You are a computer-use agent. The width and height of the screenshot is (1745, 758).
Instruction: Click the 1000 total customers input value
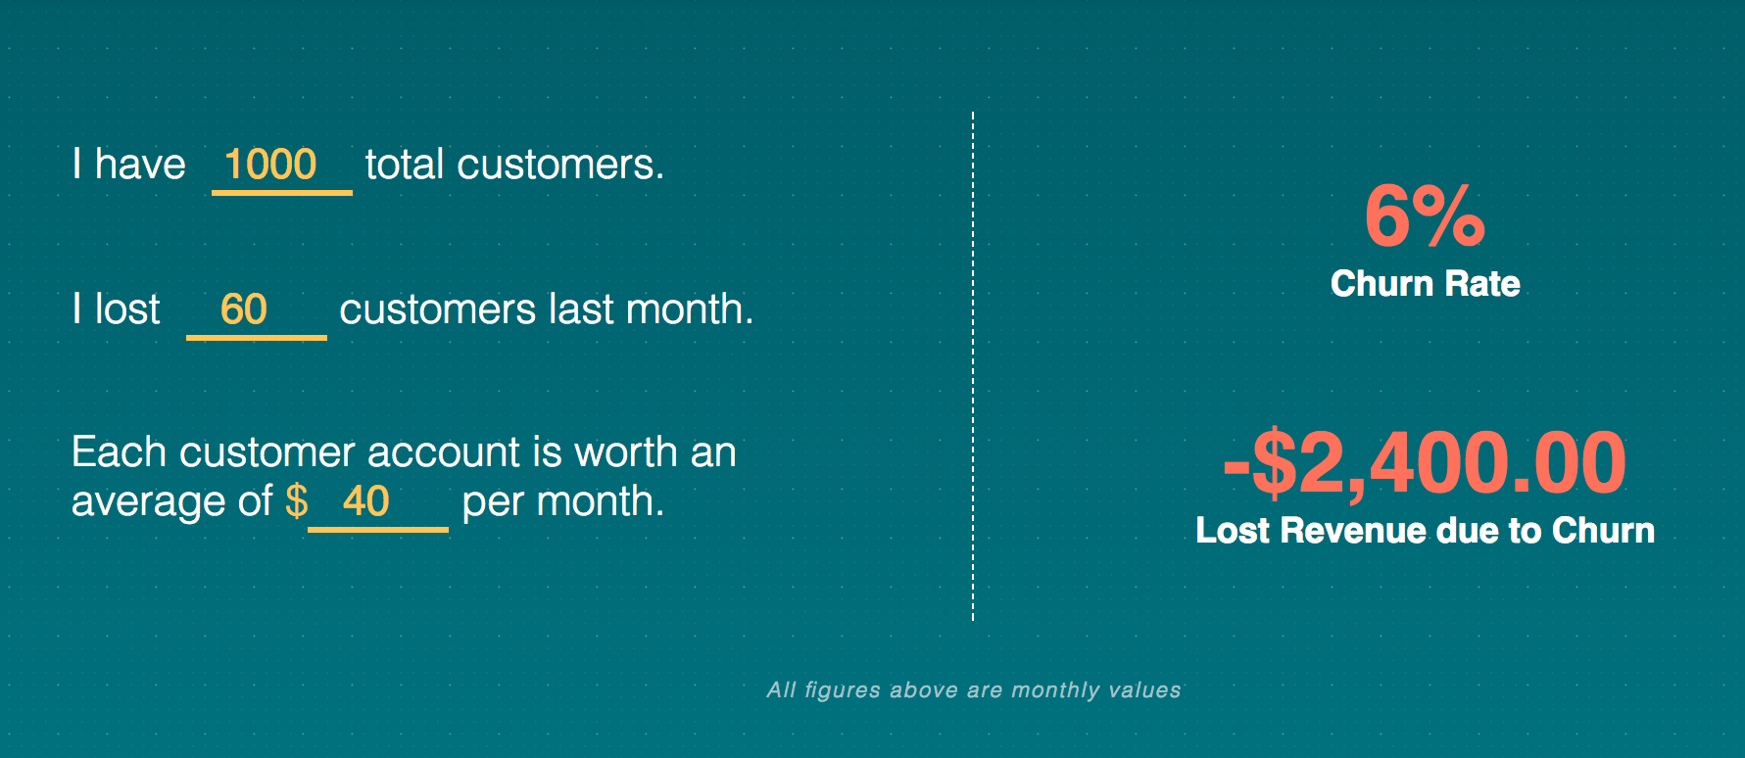tap(270, 165)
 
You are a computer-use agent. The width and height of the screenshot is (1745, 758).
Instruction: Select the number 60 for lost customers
tap(244, 309)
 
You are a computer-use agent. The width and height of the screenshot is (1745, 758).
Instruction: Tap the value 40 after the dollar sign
tap(366, 501)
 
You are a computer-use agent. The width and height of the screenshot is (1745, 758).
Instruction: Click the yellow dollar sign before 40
tap(296, 501)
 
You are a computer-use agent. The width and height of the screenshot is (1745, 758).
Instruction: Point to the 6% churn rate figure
tap(1425, 216)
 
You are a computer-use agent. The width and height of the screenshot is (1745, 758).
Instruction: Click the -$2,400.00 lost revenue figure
tap(1425, 462)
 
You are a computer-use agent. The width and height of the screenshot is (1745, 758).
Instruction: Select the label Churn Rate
tap(1425, 284)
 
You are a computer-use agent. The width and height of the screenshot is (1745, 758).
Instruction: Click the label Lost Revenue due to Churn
tap(1425, 531)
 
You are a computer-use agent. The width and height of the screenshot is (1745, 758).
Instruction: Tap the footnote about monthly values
tap(973, 690)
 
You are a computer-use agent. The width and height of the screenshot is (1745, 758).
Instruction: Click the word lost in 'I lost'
tap(127, 309)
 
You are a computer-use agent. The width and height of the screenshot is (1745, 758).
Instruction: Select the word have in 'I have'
tap(140, 165)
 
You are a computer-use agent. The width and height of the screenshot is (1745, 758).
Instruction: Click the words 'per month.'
tap(562, 501)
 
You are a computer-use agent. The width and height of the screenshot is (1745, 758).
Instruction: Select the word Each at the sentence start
tap(119, 452)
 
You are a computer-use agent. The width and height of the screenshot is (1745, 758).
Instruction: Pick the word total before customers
tap(405, 165)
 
